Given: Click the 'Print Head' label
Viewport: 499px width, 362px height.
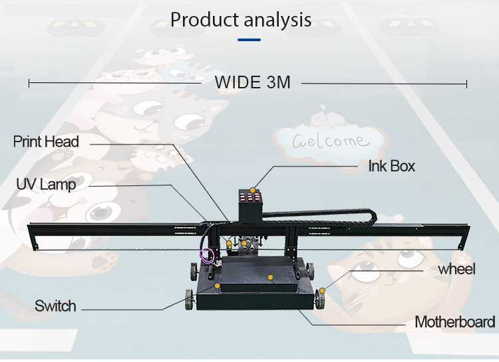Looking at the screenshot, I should tap(47, 141).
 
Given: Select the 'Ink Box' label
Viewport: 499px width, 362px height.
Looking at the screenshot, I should tap(392, 166).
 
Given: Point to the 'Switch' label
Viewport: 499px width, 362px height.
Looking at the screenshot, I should tap(56, 306).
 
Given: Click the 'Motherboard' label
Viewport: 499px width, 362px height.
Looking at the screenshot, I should tap(455, 322).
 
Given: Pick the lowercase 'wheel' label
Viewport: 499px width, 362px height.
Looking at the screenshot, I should tap(456, 269).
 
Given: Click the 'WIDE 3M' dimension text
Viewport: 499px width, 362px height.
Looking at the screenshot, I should tap(252, 83).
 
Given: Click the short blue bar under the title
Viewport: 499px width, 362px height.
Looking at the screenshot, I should tap(249, 39).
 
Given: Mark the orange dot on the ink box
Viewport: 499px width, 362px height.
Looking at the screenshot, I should tap(252, 190).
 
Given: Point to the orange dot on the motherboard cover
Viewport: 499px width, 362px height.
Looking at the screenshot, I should tap(270, 275).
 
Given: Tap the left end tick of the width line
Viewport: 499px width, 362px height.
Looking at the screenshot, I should tap(29, 83).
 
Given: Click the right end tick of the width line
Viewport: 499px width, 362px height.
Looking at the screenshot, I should tap(467, 83).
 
